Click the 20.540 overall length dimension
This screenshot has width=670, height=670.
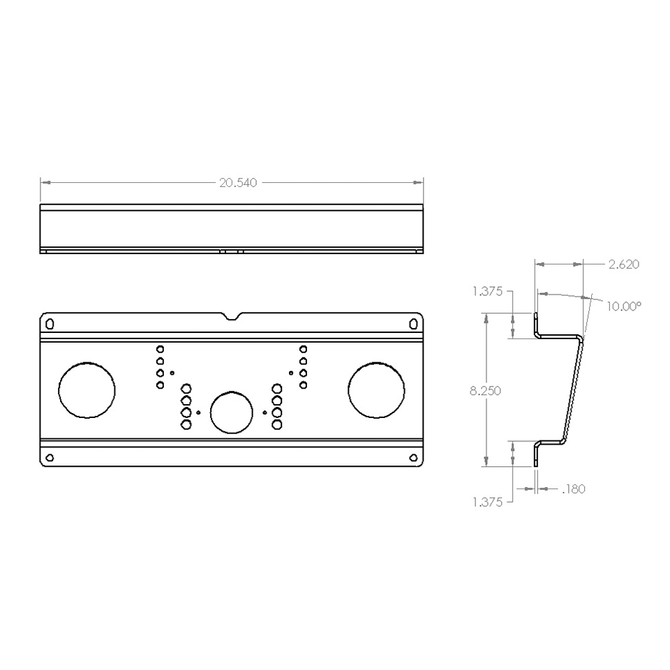tap(238, 183)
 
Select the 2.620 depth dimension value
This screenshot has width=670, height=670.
tap(623, 265)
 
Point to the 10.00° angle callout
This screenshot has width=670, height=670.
tap(623, 306)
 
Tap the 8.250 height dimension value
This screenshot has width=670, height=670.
tap(486, 391)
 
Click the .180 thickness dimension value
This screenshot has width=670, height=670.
tap(573, 489)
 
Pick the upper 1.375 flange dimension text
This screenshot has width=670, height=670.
tap(487, 292)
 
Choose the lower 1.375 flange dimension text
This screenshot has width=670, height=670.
tap(487, 502)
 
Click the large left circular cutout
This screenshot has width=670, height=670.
tap(87, 390)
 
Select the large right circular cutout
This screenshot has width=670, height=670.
tap(376, 390)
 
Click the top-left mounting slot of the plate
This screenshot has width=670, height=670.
tap(49, 323)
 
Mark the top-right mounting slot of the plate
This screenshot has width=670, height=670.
tap(413, 323)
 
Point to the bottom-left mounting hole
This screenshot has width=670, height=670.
tap(49, 458)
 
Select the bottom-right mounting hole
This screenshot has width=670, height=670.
tap(413, 458)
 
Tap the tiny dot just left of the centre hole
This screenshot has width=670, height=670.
tap(199, 412)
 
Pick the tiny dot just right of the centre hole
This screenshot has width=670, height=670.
tap(265, 412)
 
